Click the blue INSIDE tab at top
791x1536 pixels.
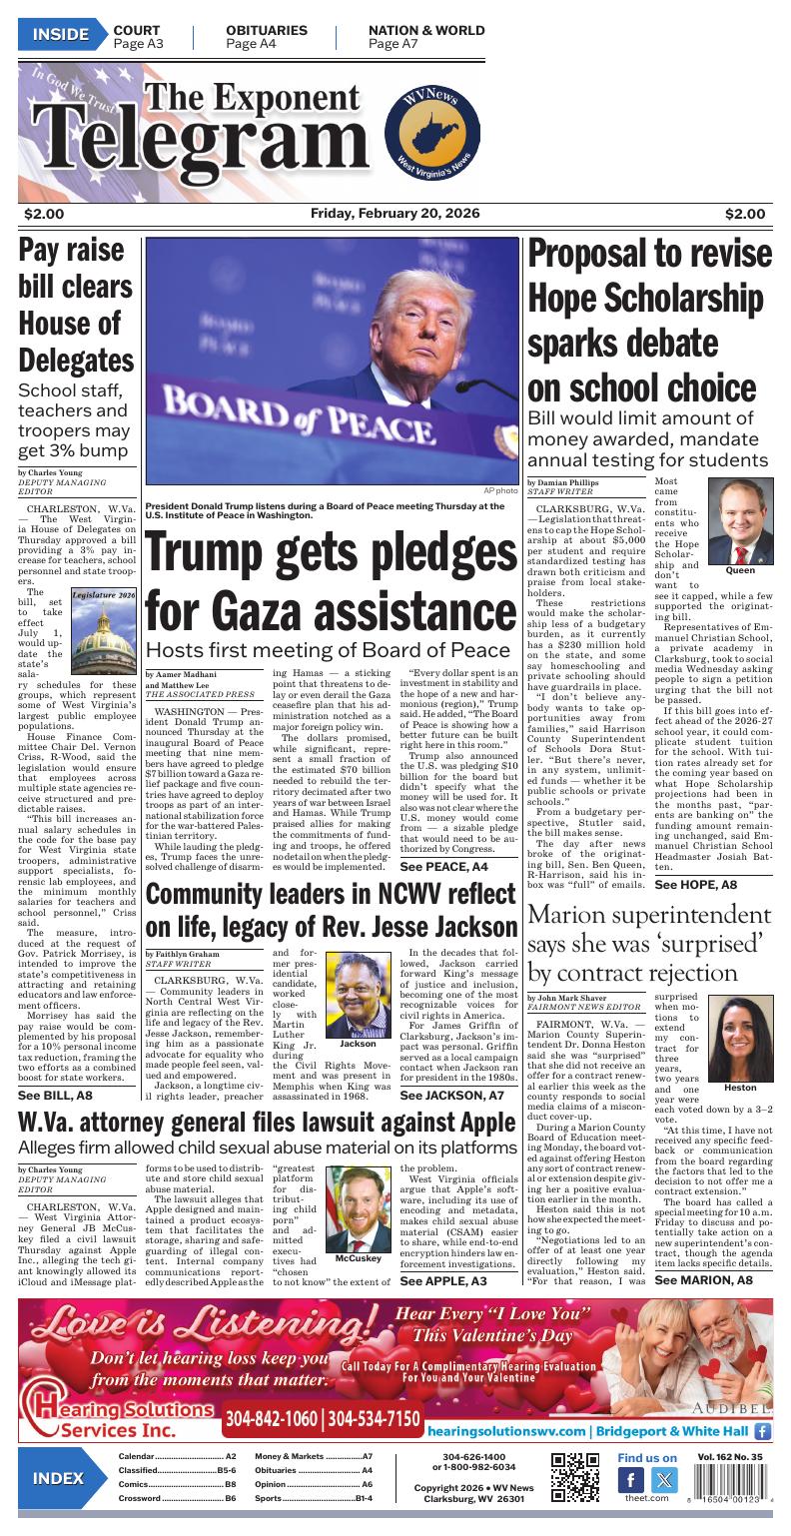pos(60,36)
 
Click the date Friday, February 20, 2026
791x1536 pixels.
pos(395,214)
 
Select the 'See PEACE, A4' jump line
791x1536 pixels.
pos(443,866)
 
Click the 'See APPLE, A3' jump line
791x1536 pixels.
pos(443,1280)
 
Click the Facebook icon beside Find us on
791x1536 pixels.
pos(632,1480)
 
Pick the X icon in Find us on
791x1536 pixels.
pos(663,1480)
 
